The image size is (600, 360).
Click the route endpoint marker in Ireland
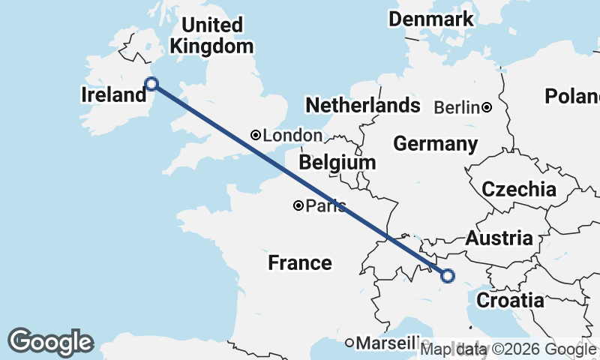pyautogui.click(x=151, y=84)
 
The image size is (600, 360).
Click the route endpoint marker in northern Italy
pyautogui.click(x=448, y=276)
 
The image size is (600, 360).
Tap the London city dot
pyautogui.click(x=256, y=136)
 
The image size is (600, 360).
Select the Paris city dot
pyautogui.click(x=298, y=205)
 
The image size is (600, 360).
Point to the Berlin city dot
pyautogui.click(x=487, y=107)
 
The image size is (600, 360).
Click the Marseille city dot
pyautogui.click(x=349, y=343)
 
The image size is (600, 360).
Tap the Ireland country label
pyautogui.click(x=113, y=95)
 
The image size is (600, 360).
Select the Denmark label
pyautogui.click(x=431, y=19)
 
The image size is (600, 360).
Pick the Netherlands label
pyautogui.click(x=361, y=105)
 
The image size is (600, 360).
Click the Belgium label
pyautogui.click(x=337, y=162)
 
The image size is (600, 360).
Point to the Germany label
pyautogui.click(x=435, y=143)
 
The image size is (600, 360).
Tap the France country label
pyautogui.click(x=300, y=262)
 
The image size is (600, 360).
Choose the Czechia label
pyautogui.click(x=519, y=189)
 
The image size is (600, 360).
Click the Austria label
pyautogui.click(x=499, y=238)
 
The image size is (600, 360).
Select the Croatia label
pyautogui.click(x=510, y=301)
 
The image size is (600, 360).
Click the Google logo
pyautogui.click(x=50, y=342)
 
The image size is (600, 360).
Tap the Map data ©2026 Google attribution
pyautogui.click(x=508, y=349)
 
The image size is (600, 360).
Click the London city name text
pyautogui.click(x=292, y=136)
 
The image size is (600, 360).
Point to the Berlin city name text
pyautogui.click(x=456, y=107)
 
